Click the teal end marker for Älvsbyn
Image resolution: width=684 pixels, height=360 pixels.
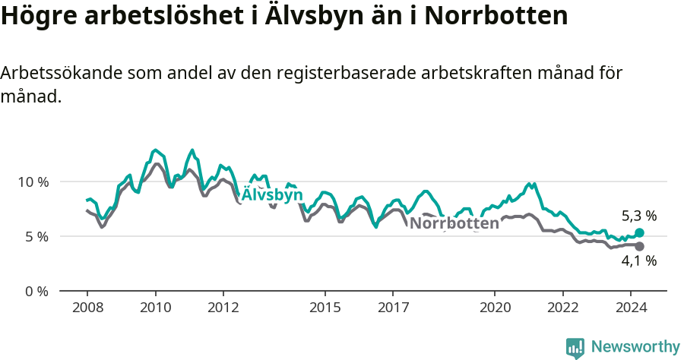tap(639, 232)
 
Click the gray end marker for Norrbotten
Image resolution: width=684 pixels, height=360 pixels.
tap(639, 246)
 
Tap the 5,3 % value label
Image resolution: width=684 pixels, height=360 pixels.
tap(638, 215)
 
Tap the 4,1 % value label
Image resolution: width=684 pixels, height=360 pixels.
tap(638, 261)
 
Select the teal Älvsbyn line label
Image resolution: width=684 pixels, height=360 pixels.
tap(272, 195)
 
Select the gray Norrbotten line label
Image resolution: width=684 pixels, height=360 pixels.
tap(454, 223)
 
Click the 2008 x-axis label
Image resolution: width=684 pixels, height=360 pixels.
tap(87, 308)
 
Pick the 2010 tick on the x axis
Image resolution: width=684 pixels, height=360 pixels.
tap(155, 308)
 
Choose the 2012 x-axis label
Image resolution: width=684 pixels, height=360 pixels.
tap(223, 308)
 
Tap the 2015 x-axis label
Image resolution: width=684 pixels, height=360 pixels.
tap(325, 308)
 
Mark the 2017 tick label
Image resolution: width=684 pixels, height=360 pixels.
tap(393, 308)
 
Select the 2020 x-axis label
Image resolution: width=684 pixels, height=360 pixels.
tap(495, 308)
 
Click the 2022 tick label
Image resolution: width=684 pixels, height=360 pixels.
tap(562, 308)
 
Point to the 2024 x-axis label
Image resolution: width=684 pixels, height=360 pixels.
tap(630, 308)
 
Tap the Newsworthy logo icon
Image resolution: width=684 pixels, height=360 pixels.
tap(575, 348)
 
